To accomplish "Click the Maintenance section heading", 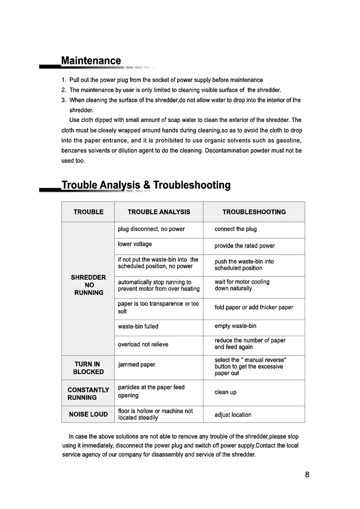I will pyautogui.click(x=91, y=61).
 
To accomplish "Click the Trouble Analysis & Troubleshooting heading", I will pyautogui.click(x=146, y=185).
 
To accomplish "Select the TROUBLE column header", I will pyautogui.click(x=89, y=212).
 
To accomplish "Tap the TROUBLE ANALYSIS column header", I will pyautogui.click(x=159, y=212).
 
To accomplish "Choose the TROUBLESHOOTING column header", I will pyautogui.click(x=254, y=212).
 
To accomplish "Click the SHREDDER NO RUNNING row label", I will pyautogui.click(x=89, y=285).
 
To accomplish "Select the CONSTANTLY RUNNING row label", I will pyautogui.click(x=88, y=393).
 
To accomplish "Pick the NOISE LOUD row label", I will pyautogui.click(x=89, y=414).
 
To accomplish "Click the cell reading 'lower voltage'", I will pyautogui.click(x=135, y=244).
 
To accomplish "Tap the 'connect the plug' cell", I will pyautogui.click(x=236, y=229).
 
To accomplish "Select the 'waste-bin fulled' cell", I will pyautogui.click(x=138, y=326).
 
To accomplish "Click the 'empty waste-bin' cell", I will pyautogui.click(x=235, y=326).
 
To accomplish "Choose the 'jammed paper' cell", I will pyautogui.click(x=136, y=365).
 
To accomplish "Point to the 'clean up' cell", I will pyautogui.click(x=225, y=392).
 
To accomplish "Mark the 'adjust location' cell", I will pyautogui.click(x=233, y=415).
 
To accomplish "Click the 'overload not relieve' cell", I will pyautogui.click(x=143, y=345).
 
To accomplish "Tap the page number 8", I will pyautogui.click(x=307, y=474).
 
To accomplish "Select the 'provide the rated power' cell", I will pyautogui.click(x=245, y=246).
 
